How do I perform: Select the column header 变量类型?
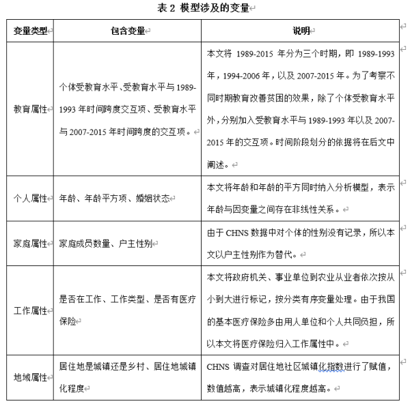pos(29,31)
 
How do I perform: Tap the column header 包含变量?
pos(127,31)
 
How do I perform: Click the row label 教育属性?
pos(29,108)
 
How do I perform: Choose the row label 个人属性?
pos(29,198)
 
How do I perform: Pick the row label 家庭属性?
pos(29,243)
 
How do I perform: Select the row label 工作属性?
pos(29,310)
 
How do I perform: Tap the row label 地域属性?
pos(29,377)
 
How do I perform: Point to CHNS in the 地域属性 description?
pos(219,367)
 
